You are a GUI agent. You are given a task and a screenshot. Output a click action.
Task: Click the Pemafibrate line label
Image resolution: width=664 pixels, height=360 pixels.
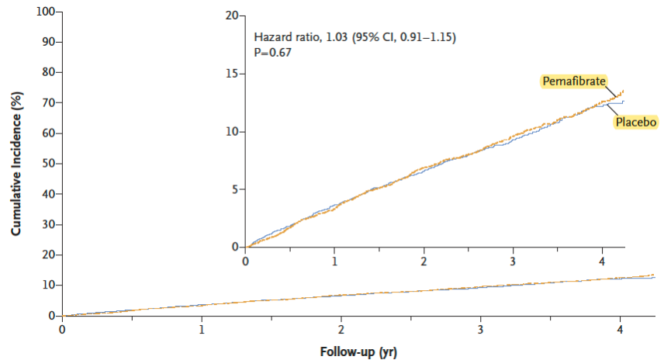pyautogui.click(x=574, y=81)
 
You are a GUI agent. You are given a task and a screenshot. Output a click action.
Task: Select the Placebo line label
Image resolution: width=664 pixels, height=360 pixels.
pyautogui.click(x=636, y=122)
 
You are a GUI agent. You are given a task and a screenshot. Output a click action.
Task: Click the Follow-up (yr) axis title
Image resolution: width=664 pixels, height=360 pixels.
pyautogui.click(x=358, y=351)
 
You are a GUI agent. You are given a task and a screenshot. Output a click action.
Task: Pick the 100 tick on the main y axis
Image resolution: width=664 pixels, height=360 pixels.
pyautogui.click(x=43, y=12)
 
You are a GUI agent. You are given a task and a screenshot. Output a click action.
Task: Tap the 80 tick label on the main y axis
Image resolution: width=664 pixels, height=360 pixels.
pyautogui.click(x=47, y=73)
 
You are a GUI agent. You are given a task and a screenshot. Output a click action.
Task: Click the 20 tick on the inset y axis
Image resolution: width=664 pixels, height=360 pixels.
pyautogui.click(x=232, y=16)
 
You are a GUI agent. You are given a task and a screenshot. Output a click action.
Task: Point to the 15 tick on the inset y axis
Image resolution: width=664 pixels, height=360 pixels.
pyautogui.click(x=232, y=74)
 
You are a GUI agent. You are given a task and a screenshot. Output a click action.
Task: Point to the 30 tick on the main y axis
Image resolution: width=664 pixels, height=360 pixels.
pyautogui.click(x=47, y=225)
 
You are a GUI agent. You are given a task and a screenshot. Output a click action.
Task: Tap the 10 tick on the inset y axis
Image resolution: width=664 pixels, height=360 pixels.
pyautogui.click(x=232, y=132)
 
